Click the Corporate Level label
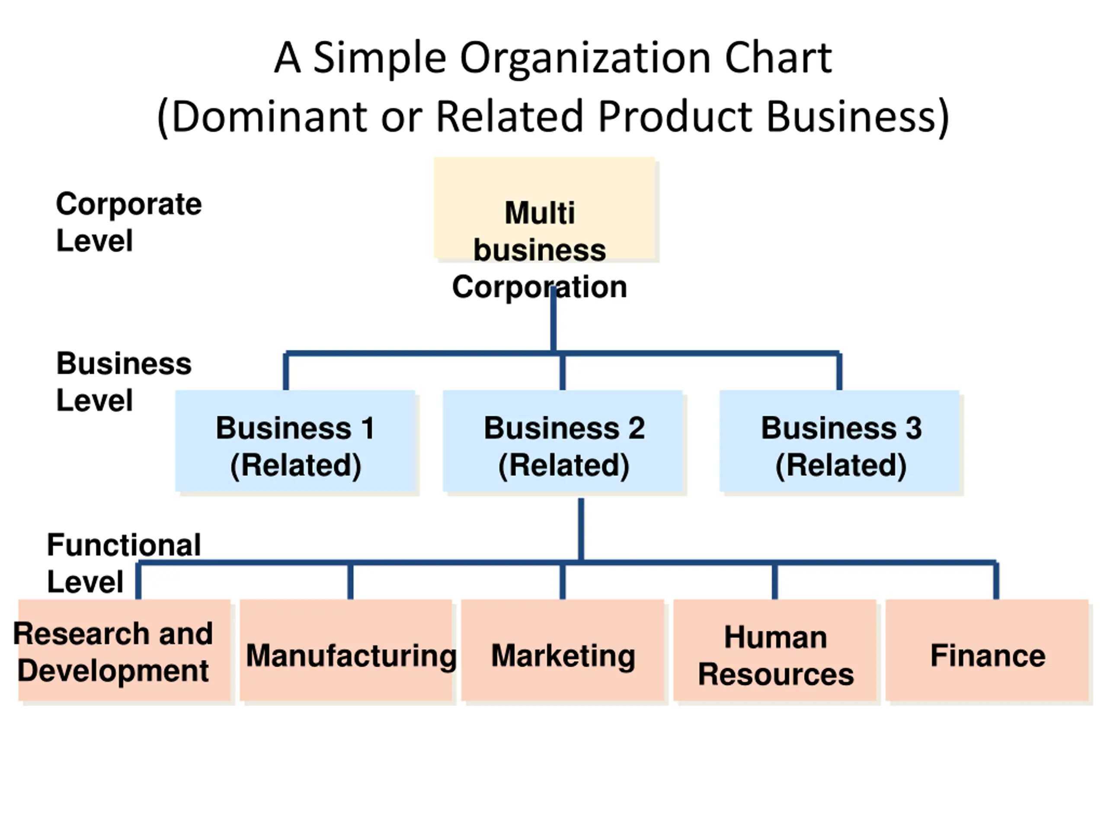click(128, 222)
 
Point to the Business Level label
click(124, 382)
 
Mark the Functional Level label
click(124, 563)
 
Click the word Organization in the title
click(585, 58)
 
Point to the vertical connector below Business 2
click(580, 529)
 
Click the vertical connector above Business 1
click(286, 372)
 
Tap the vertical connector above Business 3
click(839, 372)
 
